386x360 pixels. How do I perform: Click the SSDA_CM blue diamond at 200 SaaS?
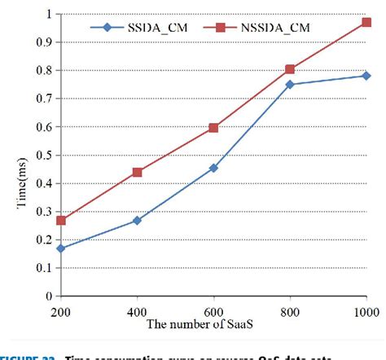pyautogui.click(x=61, y=248)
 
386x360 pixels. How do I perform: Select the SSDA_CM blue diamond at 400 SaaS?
pyautogui.click(x=137, y=220)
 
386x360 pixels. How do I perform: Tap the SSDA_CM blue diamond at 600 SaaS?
pyautogui.click(x=213, y=168)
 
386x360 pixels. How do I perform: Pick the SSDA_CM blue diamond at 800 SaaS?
pyautogui.click(x=290, y=84)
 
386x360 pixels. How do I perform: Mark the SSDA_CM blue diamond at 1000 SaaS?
pyautogui.click(x=365, y=76)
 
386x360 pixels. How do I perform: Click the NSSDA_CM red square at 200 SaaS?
pyautogui.click(x=61, y=220)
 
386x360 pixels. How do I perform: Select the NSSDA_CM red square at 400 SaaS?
pyautogui.click(x=137, y=172)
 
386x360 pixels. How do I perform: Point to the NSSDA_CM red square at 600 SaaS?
pyautogui.click(x=213, y=128)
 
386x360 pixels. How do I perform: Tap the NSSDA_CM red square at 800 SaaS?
pyautogui.click(x=290, y=70)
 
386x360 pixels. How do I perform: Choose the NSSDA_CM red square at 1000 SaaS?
pyautogui.click(x=365, y=23)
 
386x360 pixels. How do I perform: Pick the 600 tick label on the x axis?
pyautogui.click(x=213, y=312)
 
